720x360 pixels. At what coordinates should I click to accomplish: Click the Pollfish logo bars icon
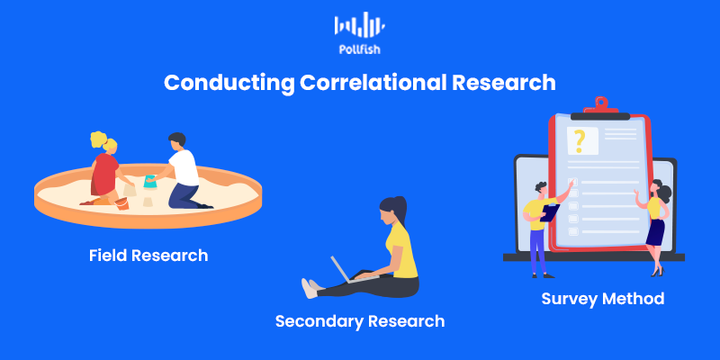(359, 24)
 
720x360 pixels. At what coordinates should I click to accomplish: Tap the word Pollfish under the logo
(359, 49)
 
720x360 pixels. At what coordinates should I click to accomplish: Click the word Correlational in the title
(373, 83)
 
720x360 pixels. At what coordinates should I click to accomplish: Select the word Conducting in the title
(229, 84)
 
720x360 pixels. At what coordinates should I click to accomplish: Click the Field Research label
(148, 256)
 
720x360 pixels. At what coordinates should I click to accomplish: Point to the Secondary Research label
(360, 321)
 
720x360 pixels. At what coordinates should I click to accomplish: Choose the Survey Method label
(602, 299)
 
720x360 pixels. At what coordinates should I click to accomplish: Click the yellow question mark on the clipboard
(579, 141)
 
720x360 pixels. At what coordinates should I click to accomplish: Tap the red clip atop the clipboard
(600, 105)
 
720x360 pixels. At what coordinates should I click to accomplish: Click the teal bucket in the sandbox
(150, 182)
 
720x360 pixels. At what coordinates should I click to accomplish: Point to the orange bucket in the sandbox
(122, 203)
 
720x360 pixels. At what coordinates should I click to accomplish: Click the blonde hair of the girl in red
(102, 140)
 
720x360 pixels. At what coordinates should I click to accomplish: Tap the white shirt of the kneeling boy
(184, 167)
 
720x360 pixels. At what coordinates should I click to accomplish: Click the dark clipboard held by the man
(550, 212)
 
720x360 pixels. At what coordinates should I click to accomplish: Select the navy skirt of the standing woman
(656, 232)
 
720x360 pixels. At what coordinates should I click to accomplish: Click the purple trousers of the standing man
(537, 251)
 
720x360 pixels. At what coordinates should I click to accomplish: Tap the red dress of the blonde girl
(103, 175)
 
